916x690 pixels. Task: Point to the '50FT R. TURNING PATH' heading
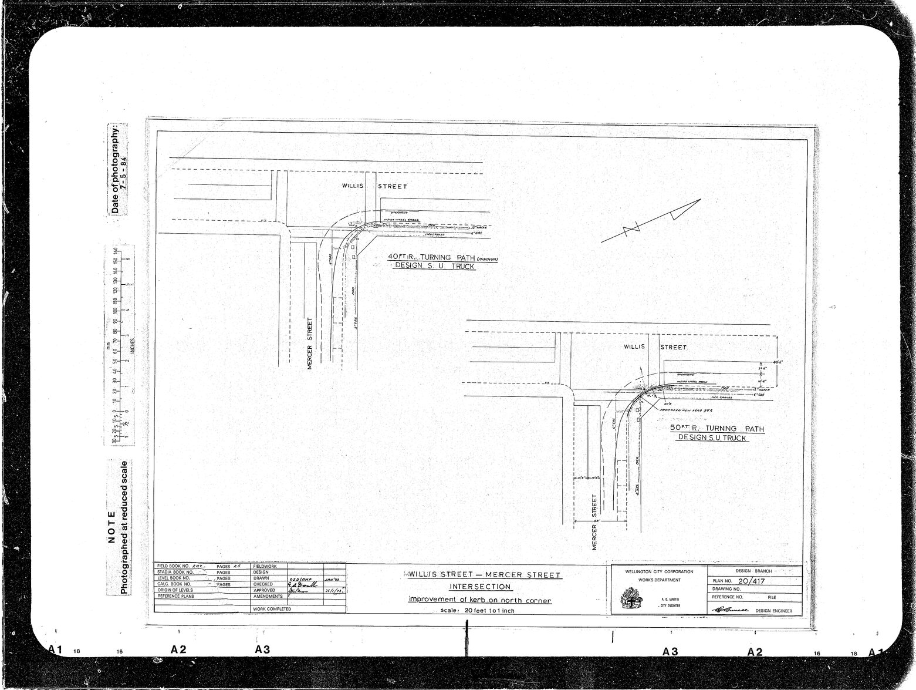coord(717,429)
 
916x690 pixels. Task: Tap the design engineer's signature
coord(730,611)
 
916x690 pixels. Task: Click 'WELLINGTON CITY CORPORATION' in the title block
coord(659,571)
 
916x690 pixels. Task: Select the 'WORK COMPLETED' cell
coord(272,609)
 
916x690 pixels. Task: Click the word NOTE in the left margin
coord(113,529)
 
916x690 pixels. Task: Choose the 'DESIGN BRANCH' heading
coord(755,570)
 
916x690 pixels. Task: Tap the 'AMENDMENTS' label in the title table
coord(268,596)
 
